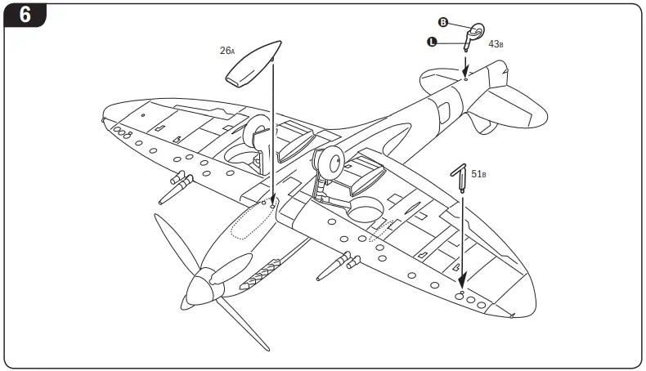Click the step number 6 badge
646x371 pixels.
tap(25, 16)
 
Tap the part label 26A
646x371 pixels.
tap(227, 51)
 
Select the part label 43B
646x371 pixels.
tap(496, 42)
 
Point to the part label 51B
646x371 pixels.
tap(479, 173)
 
